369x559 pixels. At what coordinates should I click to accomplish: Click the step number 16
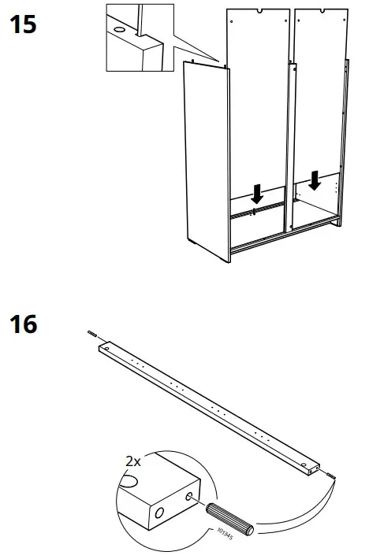click(22, 323)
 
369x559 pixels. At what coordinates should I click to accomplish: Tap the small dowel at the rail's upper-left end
click(93, 335)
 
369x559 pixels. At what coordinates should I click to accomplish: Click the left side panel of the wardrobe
click(205, 157)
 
